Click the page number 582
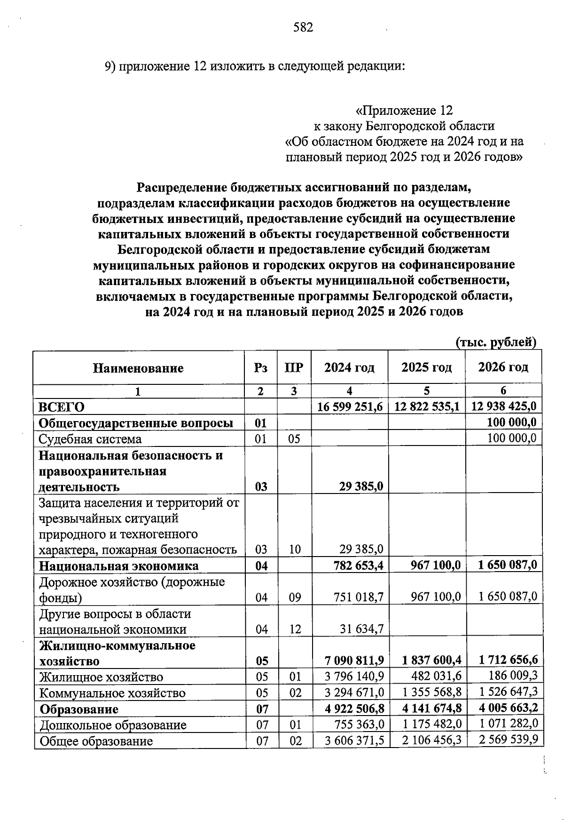click(x=303, y=28)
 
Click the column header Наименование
click(x=138, y=368)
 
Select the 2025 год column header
click(x=426, y=367)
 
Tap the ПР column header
click(x=294, y=367)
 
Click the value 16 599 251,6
click(x=350, y=406)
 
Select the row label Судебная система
click(x=90, y=439)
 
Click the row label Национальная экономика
click(x=118, y=565)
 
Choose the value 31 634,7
click(x=361, y=629)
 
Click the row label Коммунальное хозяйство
click(x=112, y=693)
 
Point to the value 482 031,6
click(x=438, y=677)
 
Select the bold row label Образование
click(x=79, y=709)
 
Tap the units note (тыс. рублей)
click(x=496, y=342)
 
